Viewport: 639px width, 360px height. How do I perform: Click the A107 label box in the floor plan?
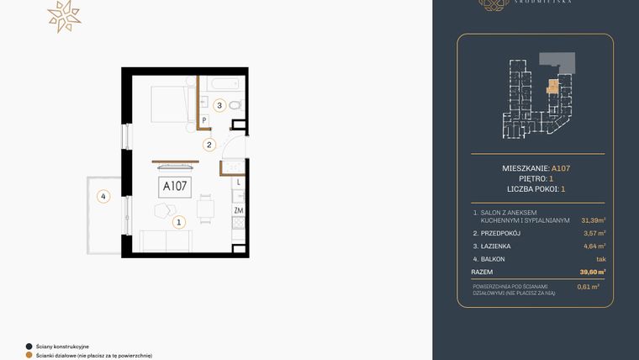coord(173,186)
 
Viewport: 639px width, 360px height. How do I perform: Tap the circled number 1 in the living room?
coord(178,223)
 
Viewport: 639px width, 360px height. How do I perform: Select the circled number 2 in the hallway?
coord(209,144)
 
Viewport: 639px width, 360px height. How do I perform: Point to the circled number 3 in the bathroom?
coord(219,106)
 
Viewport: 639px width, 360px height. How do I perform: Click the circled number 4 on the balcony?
coord(103,198)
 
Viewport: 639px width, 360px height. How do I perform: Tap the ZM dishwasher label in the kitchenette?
coord(239,209)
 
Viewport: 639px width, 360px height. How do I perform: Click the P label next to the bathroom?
coord(204,119)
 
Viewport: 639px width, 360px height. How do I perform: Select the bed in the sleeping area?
coord(172,108)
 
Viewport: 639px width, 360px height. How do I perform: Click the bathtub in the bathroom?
coord(224,85)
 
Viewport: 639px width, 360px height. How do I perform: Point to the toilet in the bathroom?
coord(235,105)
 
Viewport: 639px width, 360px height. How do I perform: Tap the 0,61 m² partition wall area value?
coord(589,287)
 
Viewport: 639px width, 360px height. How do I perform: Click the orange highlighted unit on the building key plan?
coord(552,85)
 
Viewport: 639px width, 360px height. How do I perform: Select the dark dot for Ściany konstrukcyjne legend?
coord(29,346)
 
